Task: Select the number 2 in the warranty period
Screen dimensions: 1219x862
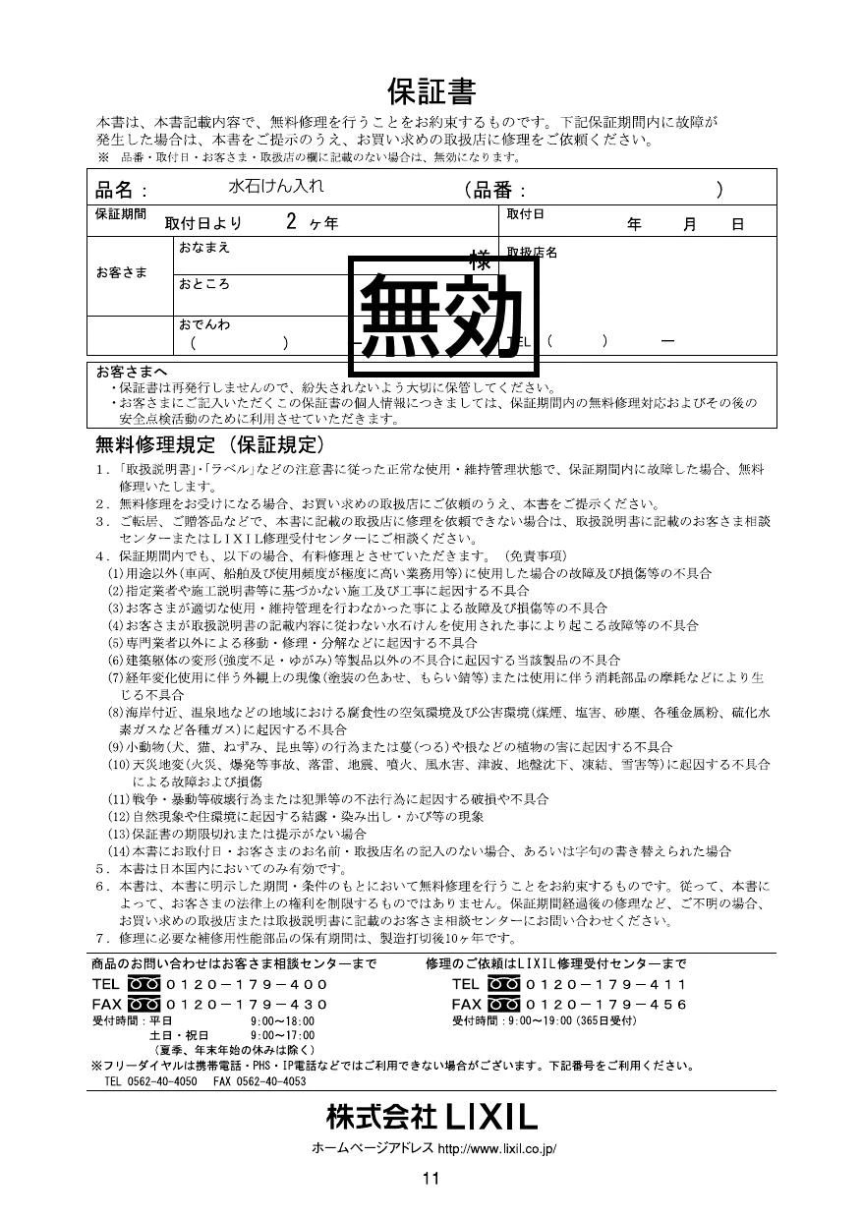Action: pyautogui.click(x=291, y=221)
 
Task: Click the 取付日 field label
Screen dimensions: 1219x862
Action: pyautogui.click(x=525, y=213)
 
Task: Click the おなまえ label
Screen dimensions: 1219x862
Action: pyautogui.click(x=203, y=247)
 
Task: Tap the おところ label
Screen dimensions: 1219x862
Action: pyautogui.click(x=203, y=284)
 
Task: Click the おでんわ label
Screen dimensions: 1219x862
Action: pyautogui.click(x=203, y=323)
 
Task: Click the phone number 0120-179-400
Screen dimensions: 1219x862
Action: pyautogui.click(x=247, y=984)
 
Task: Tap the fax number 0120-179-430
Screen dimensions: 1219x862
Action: pyautogui.click(x=247, y=1004)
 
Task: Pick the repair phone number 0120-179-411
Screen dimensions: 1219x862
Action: pyautogui.click(x=606, y=984)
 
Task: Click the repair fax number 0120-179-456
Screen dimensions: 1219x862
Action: pyautogui.click(x=606, y=1004)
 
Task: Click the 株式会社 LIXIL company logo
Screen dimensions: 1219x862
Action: pyautogui.click(x=431, y=1117)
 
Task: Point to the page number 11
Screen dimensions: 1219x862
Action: pyautogui.click(x=431, y=1179)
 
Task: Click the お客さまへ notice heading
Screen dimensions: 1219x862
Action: pyautogui.click(x=131, y=372)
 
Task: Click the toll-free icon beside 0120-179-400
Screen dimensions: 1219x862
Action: pyautogui.click(x=144, y=984)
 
